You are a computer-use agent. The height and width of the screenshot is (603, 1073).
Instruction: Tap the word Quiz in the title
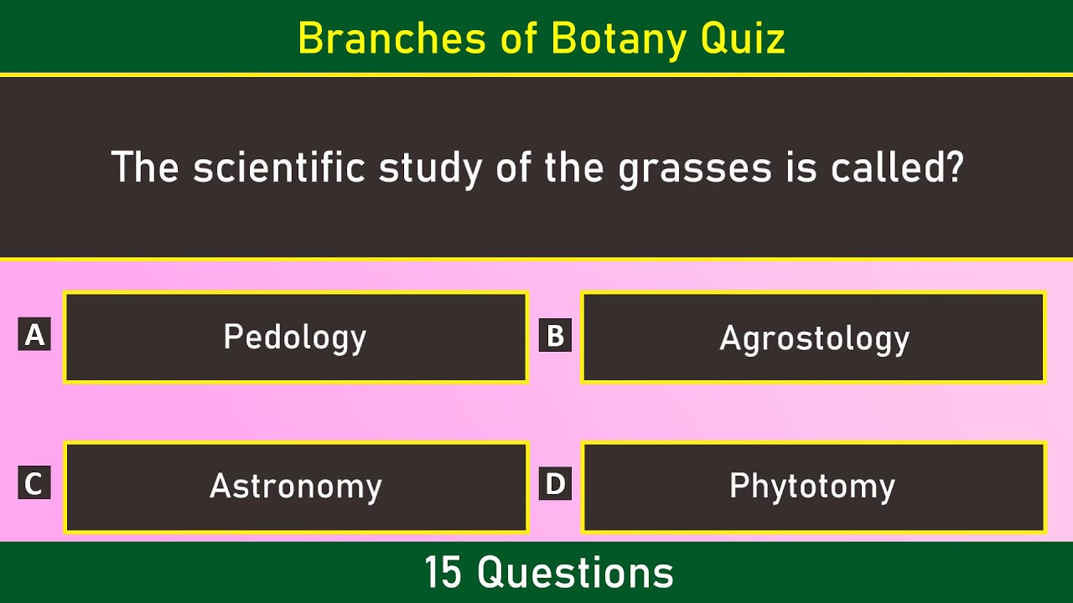click(743, 39)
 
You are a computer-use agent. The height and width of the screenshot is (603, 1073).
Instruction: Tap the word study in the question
click(430, 169)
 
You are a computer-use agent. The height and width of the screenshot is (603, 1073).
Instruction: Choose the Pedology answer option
click(296, 337)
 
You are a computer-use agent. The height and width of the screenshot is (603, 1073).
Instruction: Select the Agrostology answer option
click(813, 337)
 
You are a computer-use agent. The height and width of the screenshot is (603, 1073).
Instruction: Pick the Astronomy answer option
click(296, 487)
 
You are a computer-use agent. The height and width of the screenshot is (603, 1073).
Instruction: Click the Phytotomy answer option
click(813, 487)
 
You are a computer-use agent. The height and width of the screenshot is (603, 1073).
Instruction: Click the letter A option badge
click(34, 334)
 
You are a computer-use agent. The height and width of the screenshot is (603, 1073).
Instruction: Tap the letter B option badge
click(555, 334)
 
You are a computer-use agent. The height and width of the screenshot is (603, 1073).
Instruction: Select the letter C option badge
click(34, 482)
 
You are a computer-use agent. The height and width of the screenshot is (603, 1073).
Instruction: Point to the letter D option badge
click(555, 483)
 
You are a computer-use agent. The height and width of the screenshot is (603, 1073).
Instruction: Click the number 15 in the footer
click(443, 572)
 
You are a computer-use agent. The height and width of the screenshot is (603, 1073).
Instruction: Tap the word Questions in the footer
click(575, 573)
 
